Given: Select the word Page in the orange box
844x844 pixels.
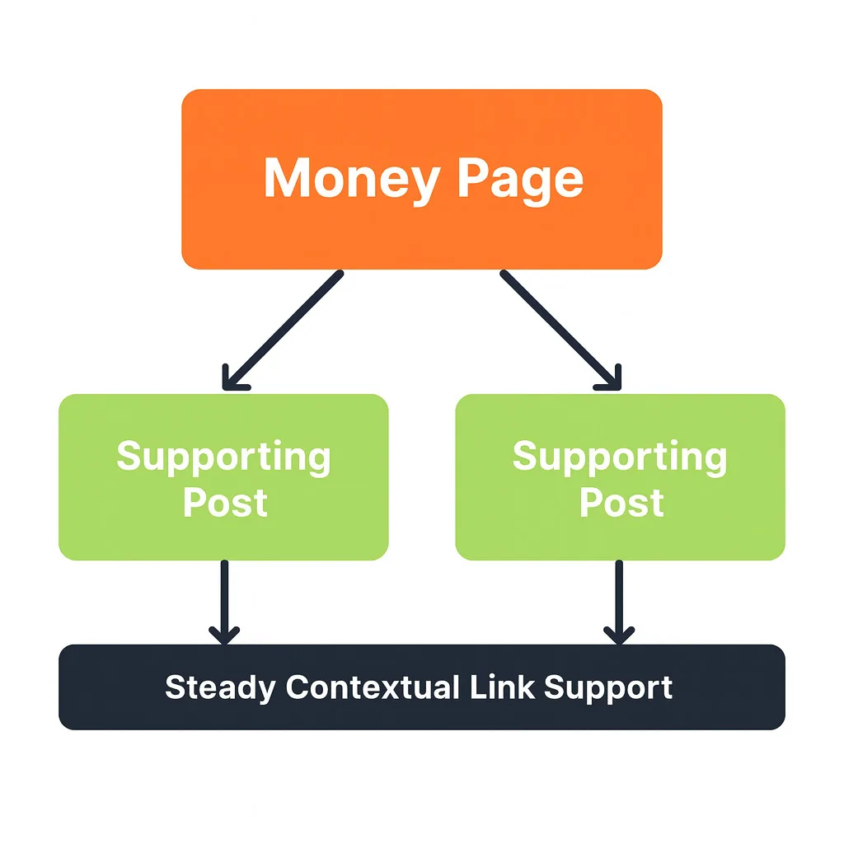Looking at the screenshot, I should point(520,179).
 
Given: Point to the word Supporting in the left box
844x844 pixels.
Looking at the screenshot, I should point(223,457).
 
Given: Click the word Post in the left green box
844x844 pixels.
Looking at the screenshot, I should point(225,502).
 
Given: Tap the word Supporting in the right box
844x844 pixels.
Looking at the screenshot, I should point(620,457).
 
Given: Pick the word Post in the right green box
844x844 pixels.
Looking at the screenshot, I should point(621,502).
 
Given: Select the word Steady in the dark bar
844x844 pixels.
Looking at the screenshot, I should point(220,687).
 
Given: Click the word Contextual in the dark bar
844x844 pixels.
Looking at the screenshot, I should point(371,687).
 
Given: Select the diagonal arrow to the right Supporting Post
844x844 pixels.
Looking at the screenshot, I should point(560,330).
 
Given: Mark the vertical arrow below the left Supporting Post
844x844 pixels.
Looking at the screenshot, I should point(224,600).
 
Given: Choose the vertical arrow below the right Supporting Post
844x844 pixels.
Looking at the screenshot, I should point(619,600).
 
